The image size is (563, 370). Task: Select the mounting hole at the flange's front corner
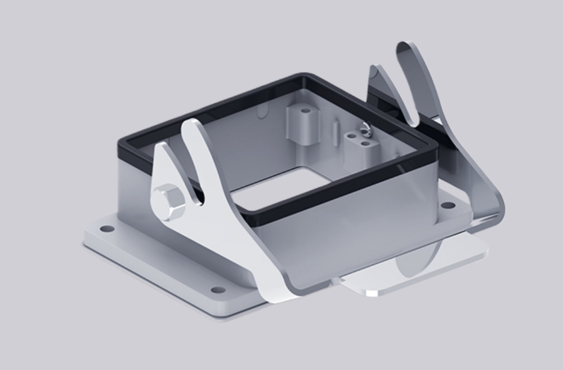pos(217,290)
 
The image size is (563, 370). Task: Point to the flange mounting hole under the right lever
pos(448,205)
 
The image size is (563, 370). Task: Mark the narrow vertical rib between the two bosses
pos(335,132)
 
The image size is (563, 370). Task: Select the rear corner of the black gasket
pos(303,76)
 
